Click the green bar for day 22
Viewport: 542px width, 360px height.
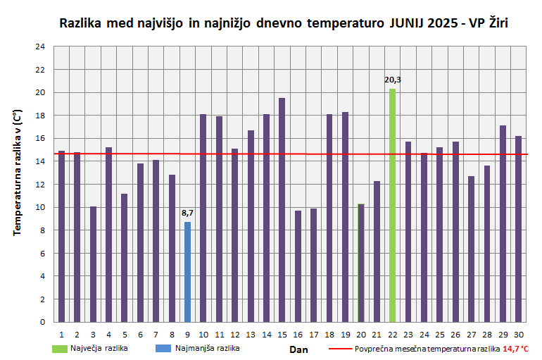point(392,205)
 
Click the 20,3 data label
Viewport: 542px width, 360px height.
point(392,80)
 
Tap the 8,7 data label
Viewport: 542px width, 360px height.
point(187,213)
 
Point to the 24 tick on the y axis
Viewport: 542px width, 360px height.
point(40,46)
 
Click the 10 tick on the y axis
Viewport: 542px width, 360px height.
point(40,207)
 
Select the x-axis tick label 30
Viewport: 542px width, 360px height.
point(518,334)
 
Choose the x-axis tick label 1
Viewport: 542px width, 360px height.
point(62,334)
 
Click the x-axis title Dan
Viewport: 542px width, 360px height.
point(298,349)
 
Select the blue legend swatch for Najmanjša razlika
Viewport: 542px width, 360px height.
point(163,348)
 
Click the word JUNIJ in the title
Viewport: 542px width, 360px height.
point(403,23)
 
